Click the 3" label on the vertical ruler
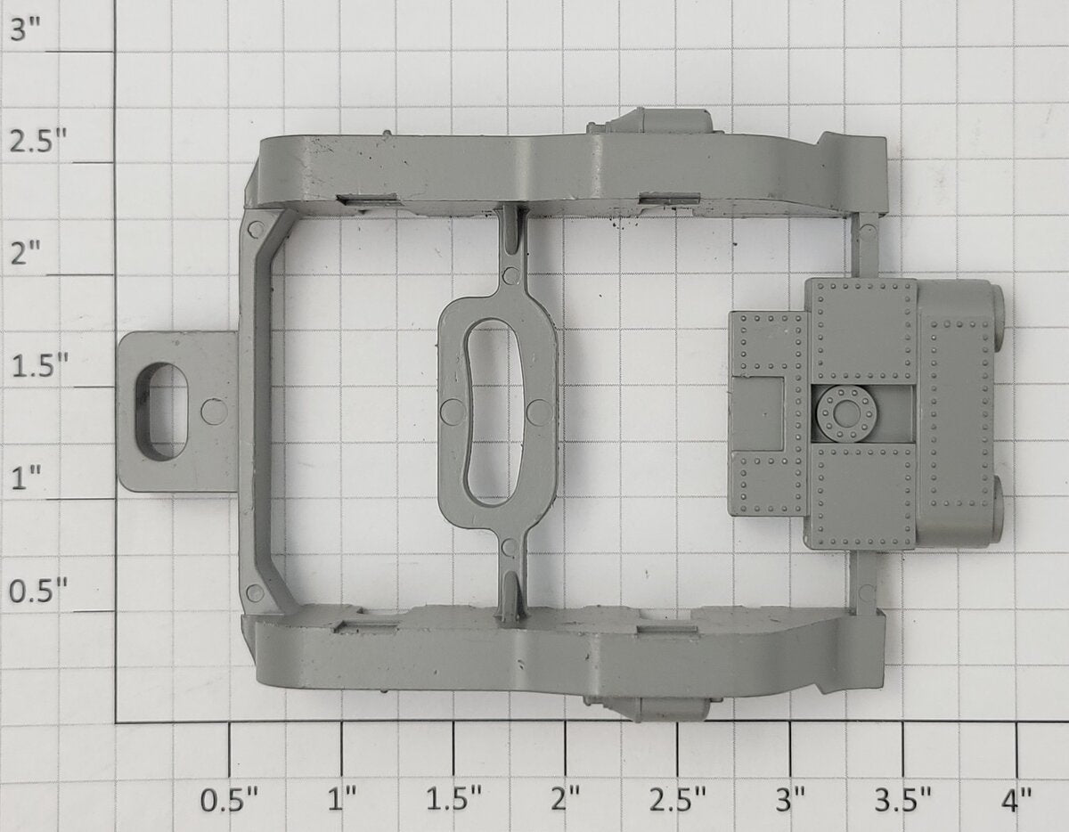26,30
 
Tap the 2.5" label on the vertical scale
38,142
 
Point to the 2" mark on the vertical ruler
26,254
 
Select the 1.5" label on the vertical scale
39,366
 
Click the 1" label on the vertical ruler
26,478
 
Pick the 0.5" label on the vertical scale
38,590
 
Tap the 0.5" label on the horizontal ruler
229,800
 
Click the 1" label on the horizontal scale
342,800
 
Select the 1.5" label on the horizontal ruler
453,800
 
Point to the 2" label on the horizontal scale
567,800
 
